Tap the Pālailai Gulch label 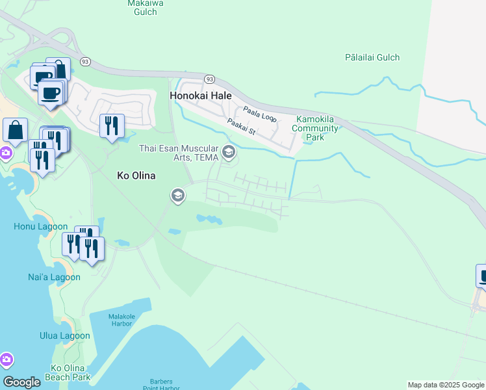click(x=372, y=57)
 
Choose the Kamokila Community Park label click(x=317, y=128)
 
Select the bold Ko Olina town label click(x=136, y=175)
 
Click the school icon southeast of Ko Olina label click(x=177, y=195)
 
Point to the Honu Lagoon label click(x=40, y=227)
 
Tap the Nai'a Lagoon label click(x=54, y=277)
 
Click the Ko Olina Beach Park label click(x=68, y=372)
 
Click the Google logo click(x=21, y=382)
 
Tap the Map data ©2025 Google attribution click(x=446, y=385)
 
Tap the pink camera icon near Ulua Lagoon click(x=6, y=359)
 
